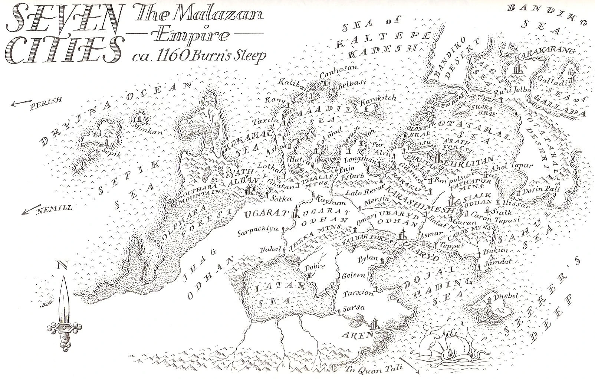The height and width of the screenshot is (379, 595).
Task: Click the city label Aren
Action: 359,334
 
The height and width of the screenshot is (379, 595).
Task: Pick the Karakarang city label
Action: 545,52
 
